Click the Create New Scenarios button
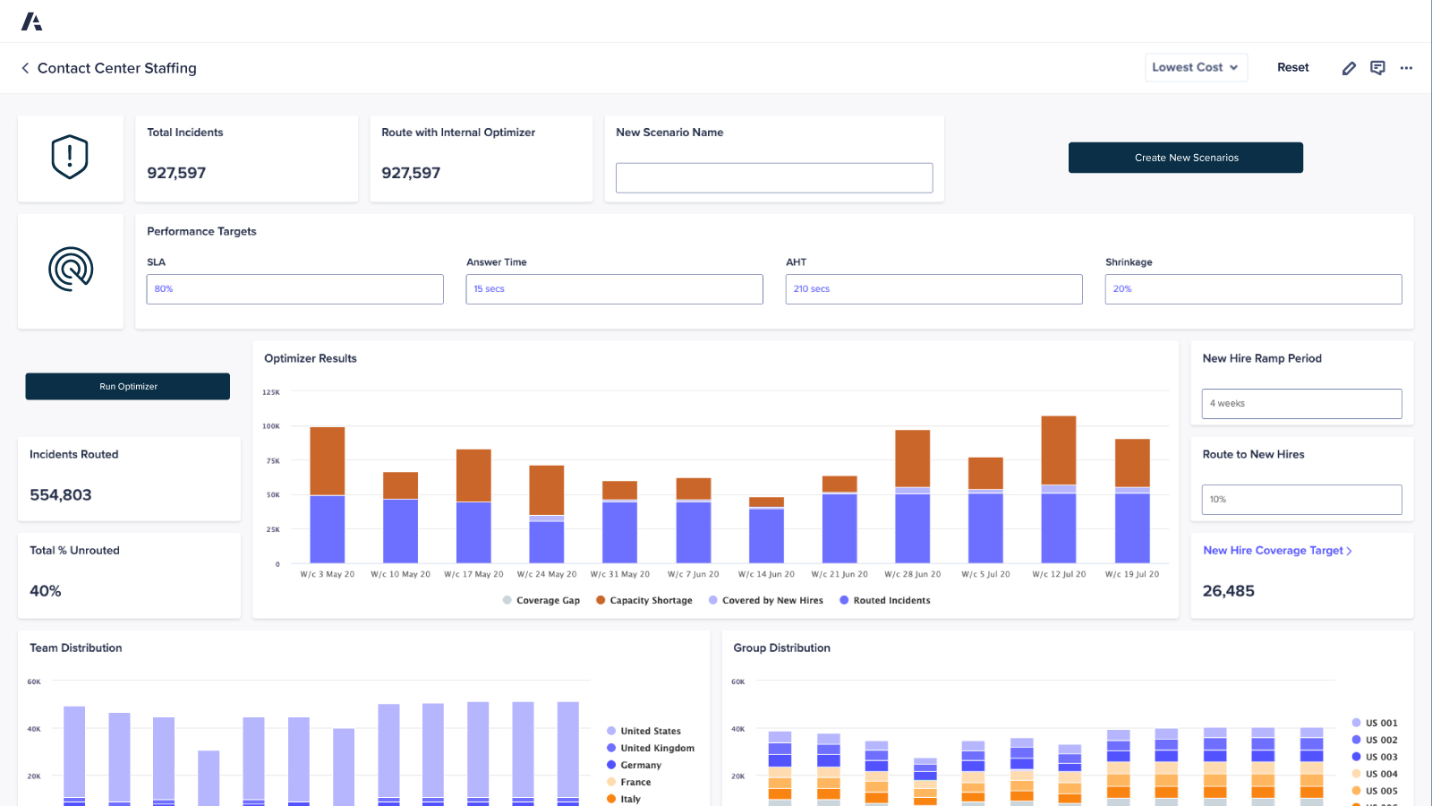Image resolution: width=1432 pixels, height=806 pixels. tap(1185, 158)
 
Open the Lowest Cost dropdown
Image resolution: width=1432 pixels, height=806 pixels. tap(1196, 67)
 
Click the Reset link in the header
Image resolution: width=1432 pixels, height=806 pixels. tap(1292, 67)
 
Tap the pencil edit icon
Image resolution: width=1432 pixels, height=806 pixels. tap(1349, 68)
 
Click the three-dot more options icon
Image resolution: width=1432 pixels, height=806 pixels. tap(1406, 68)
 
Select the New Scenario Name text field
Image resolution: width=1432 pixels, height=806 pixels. tap(773, 177)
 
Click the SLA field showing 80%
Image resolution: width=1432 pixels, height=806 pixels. tap(294, 289)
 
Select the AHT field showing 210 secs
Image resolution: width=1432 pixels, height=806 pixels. tap(933, 289)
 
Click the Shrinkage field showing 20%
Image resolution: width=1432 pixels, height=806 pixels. tap(1253, 289)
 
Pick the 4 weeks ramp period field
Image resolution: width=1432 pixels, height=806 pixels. tap(1301, 404)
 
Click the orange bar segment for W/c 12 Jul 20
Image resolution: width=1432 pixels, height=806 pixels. tap(1059, 450)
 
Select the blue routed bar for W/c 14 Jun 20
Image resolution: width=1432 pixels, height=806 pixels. tap(766, 536)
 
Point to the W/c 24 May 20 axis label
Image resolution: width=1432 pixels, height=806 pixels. tap(547, 575)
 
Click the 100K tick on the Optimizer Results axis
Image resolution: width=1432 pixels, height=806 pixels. tap(270, 426)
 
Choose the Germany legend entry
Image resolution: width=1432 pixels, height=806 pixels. tap(640, 766)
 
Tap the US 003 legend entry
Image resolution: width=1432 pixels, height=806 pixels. tap(1380, 758)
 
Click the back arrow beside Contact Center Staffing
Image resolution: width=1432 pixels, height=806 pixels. tap(25, 68)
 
